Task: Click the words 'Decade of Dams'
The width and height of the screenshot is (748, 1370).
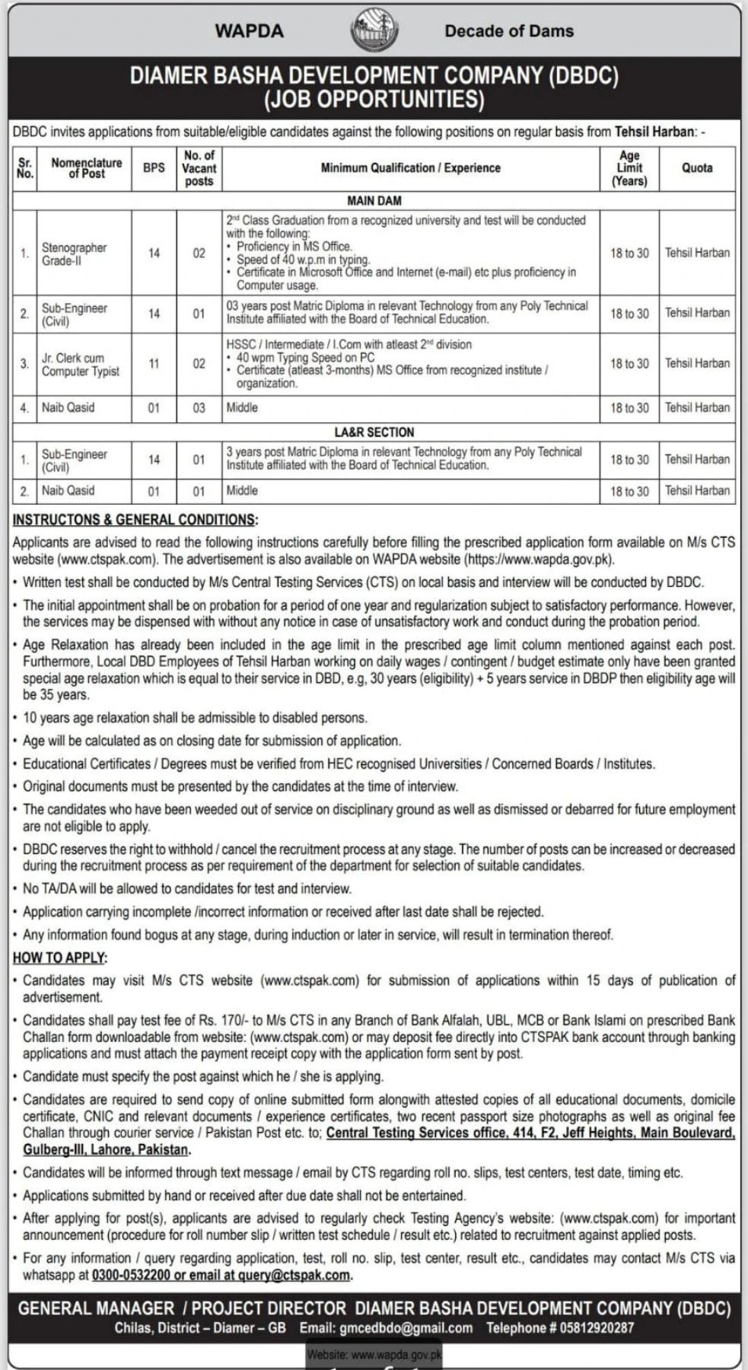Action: tap(509, 31)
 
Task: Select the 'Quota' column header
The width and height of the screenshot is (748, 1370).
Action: tap(697, 167)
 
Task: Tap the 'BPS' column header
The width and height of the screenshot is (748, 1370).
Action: tap(154, 167)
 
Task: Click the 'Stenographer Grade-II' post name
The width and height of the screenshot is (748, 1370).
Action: tap(74, 254)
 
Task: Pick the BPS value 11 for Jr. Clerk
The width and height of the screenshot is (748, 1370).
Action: tap(154, 364)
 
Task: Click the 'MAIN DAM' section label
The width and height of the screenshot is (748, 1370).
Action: tap(374, 201)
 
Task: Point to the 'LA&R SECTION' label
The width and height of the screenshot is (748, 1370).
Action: tap(374, 432)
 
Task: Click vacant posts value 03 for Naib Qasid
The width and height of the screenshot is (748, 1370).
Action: tap(199, 408)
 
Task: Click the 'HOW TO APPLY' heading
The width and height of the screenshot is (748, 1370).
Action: tap(60, 957)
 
